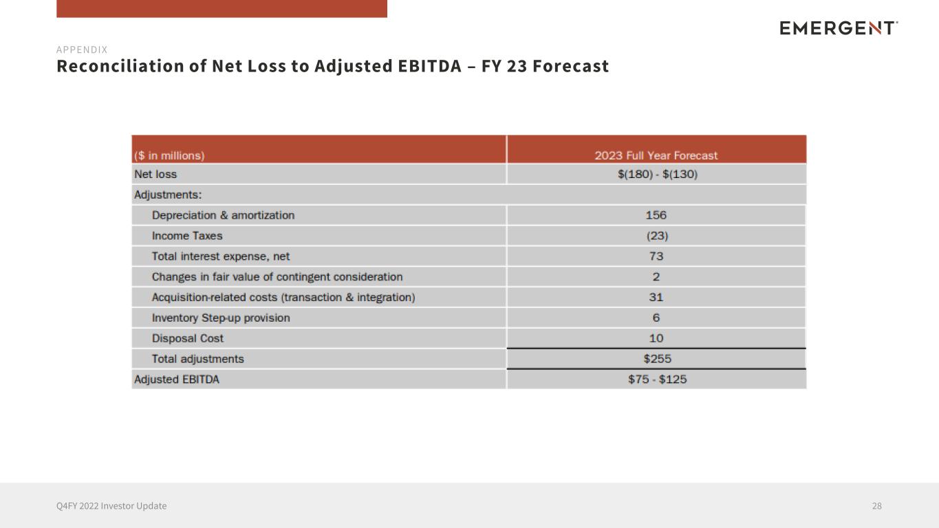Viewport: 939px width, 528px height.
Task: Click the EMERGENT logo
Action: tap(839, 28)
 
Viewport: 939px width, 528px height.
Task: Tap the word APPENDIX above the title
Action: tap(82, 49)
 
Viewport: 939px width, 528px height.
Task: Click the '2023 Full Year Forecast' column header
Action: tap(656, 155)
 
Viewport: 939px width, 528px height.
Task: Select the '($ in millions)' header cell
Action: tap(169, 155)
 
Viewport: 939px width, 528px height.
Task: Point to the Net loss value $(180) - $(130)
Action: tap(657, 175)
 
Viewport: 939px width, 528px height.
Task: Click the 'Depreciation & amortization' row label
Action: tap(223, 215)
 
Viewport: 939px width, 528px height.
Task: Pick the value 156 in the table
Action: tap(656, 215)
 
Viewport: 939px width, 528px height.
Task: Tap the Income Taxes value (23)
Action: tap(656, 236)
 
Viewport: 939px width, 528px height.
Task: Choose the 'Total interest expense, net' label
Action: tap(221, 256)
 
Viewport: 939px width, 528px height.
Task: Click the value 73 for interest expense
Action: tap(656, 256)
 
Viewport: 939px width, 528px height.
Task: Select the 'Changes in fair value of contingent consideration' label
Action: tap(277, 277)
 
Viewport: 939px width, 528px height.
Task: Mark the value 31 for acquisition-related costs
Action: tap(656, 297)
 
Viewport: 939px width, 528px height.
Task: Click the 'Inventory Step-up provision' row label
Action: tap(221, 318)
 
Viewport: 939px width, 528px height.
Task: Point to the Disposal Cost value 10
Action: tap(656, 338)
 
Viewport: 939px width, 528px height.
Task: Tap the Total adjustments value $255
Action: tap(656, 359)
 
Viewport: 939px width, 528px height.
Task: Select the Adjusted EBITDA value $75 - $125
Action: tap(657, 379)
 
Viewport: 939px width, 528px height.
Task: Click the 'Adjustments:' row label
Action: tap(168, 195)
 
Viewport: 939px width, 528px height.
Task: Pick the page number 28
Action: tap(876, 506)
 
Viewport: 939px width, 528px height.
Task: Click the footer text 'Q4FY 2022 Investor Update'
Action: tap(111, 506)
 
